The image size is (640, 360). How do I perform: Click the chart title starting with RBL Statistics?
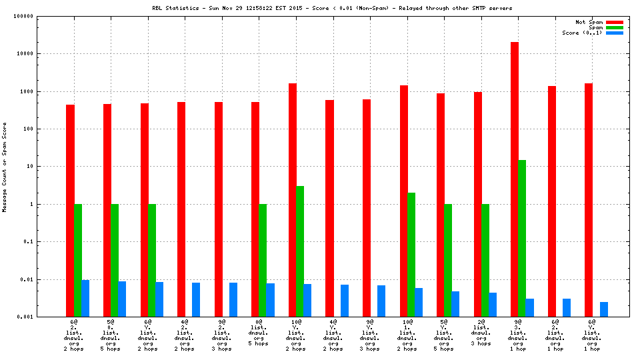(332, 8)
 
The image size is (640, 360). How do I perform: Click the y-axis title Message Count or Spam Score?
(5, 167)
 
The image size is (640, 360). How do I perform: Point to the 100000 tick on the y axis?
(42, 16)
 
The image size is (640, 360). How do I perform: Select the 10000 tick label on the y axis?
(44, 54)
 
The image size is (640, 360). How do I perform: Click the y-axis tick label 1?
(50, 204)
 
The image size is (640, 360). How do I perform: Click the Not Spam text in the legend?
(589, 22)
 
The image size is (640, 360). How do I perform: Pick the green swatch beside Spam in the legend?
(615, 27)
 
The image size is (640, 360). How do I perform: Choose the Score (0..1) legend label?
(582, 33)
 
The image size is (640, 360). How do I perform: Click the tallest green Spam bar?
(522, 238)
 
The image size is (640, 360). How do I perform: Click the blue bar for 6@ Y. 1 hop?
(604, 309)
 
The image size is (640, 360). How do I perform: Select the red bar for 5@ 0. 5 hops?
(107, 210)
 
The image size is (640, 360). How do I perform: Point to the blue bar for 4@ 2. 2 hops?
(196, 299)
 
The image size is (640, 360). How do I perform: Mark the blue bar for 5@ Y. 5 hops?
(455, 303)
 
